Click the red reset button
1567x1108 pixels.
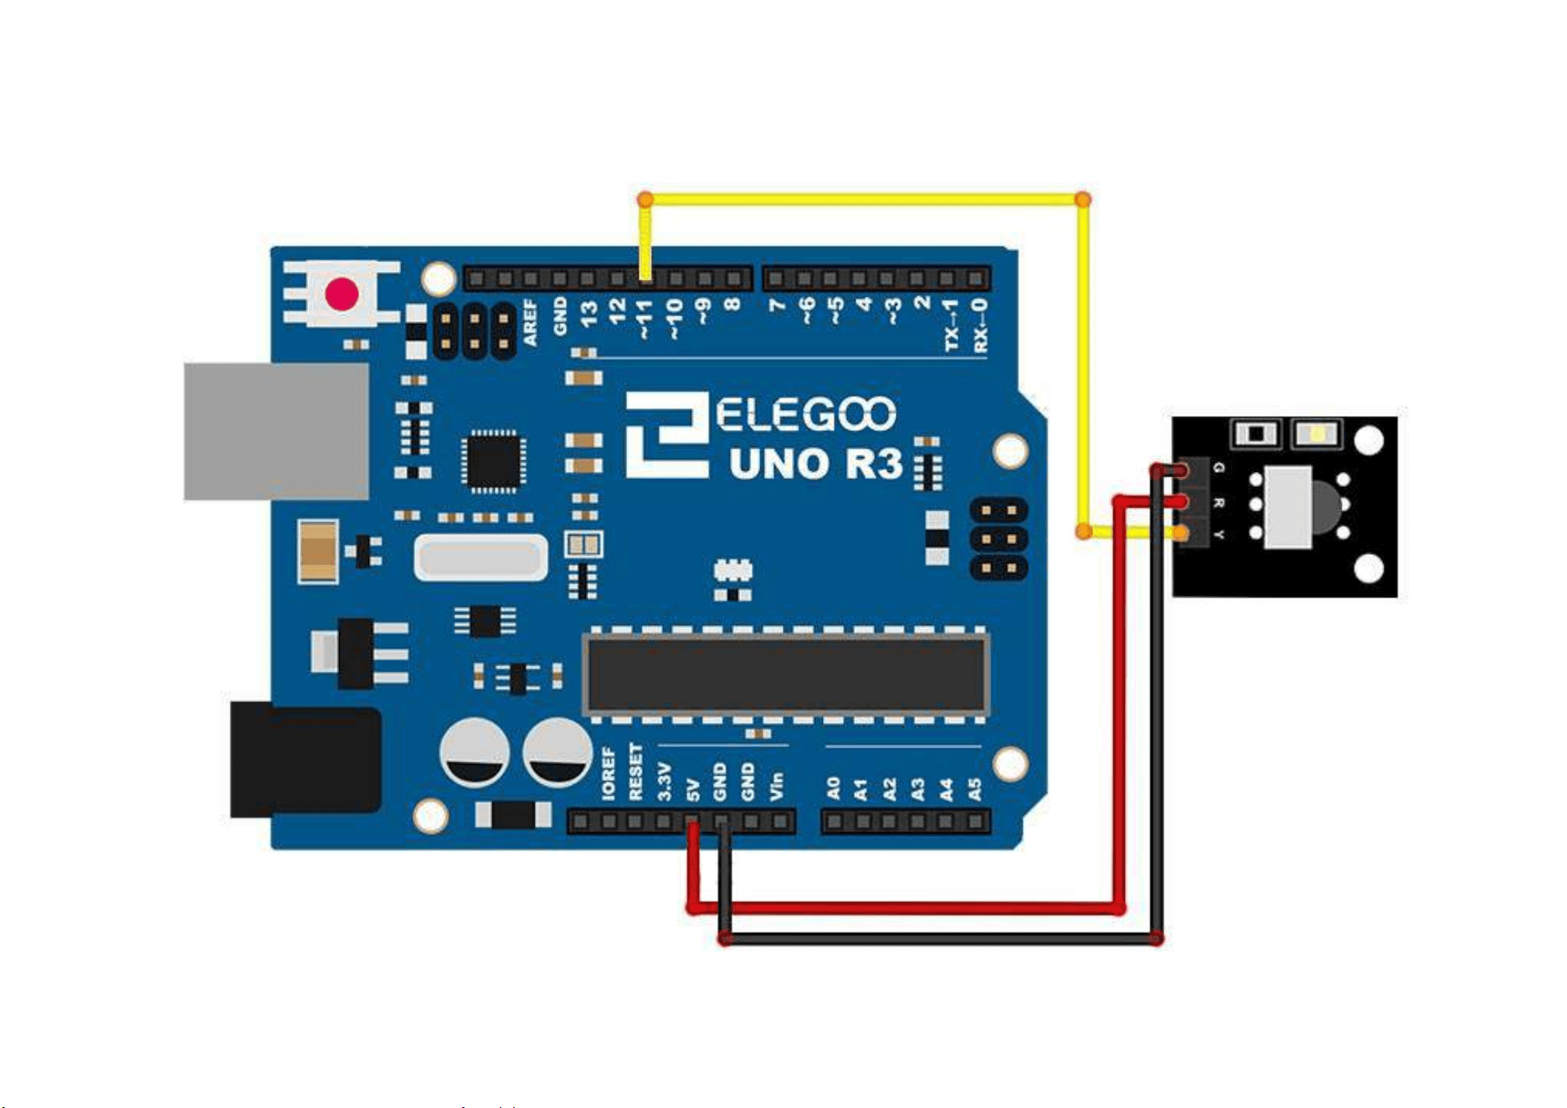[x=342, y=295]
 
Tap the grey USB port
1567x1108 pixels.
[x=276, y=431]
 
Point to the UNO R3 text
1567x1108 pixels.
[x=815, y=464]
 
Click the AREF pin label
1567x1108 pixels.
[x=530, y=322]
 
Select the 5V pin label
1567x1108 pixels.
[x=692, y=788]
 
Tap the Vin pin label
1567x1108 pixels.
[x=777, y=786]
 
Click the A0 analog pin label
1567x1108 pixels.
[x=833, y=787]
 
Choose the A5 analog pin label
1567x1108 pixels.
[x=974, y=788]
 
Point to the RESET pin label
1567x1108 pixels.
[x=636, y=772]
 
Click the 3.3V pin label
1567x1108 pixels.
[x=665, y=781]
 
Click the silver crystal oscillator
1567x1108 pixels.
[x=480, y=557]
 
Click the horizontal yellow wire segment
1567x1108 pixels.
[x=864, y=199]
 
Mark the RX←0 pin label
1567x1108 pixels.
[x=980, y=325]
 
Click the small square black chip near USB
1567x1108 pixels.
[x=494, y=460]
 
